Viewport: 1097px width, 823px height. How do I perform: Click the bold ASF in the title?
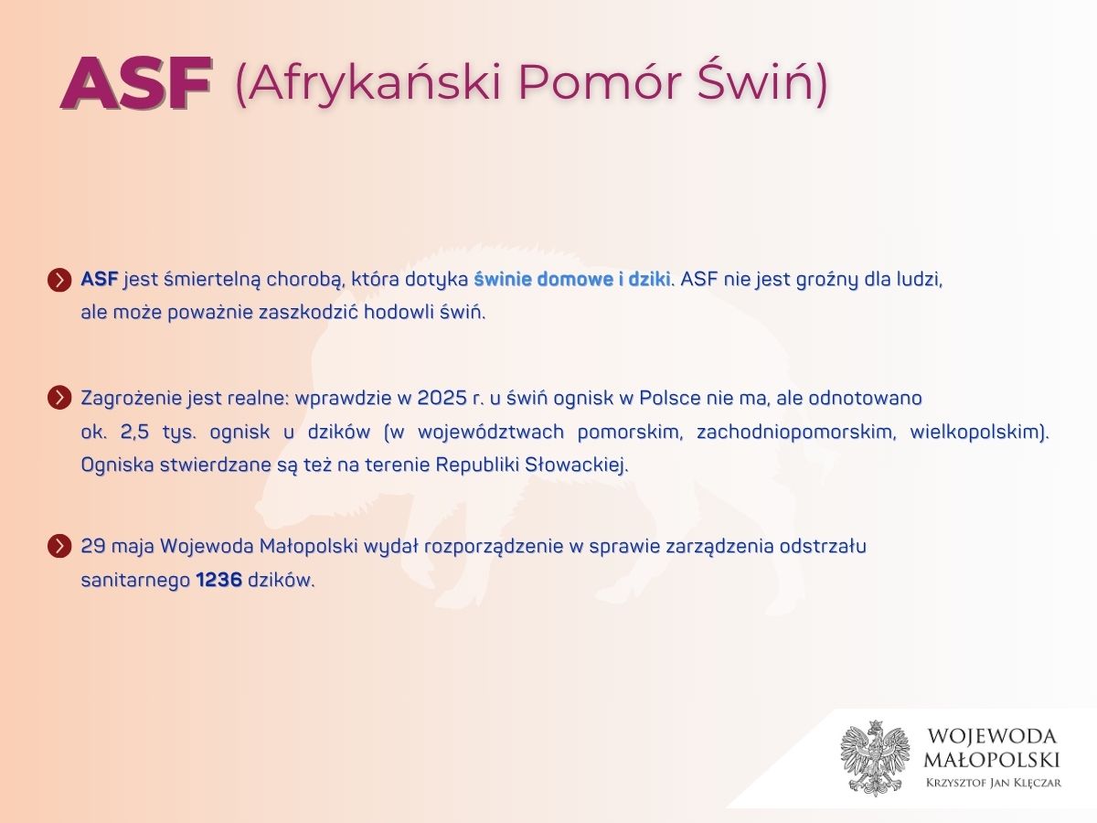(x=136, y=82)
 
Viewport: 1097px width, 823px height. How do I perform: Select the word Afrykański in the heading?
(x=374, y=82)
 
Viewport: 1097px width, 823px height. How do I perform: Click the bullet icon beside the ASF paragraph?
(x=59, y=280)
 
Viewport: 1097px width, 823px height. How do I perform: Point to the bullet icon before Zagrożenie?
(x=59, y=398)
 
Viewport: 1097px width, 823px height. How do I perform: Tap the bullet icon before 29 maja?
(x=59, y=546)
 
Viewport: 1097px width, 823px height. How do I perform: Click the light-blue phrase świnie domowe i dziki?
(x=571, y=279)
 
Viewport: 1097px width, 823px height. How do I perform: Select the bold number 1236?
(x=218, y=580)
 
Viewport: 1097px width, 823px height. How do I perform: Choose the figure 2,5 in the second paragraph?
(x=135, y=432)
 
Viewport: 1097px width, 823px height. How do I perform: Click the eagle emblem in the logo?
(x=875, y=758)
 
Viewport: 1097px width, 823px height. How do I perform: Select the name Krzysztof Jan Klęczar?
(x=994, y=783)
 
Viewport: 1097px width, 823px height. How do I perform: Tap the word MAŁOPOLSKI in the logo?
(x=992, y=760)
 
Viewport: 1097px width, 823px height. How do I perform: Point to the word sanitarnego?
(x=135, y=580)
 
